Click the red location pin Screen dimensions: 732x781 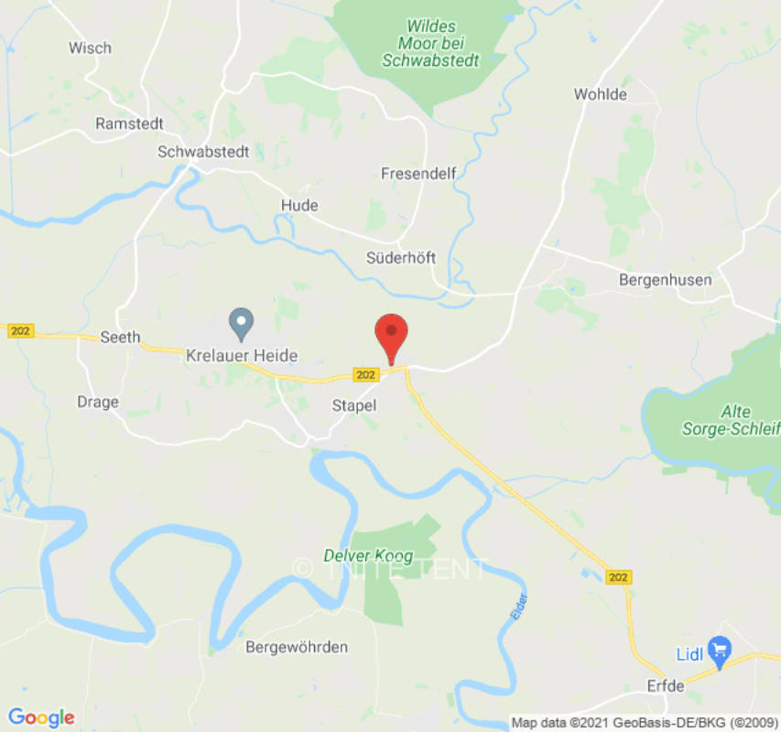(x=392, y=335)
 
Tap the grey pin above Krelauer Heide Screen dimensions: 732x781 (x=241, y=323)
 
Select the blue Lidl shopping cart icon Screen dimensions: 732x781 (x=720, y=651)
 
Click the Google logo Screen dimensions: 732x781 (x=41, y=717)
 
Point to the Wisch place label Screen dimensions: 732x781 (x=90, y=48)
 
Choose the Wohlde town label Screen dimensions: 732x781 (x=601, y=94)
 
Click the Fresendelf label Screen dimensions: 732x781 (x=418, y=173)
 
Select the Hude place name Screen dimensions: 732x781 (x=300, y=205)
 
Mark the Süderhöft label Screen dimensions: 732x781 (x=401, y=257)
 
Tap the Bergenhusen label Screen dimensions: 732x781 (x=665, y=279)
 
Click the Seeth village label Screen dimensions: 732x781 (x=120, y=337)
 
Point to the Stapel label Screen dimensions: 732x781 (x=353, y=404)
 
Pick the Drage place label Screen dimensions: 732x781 (x=98, y=402)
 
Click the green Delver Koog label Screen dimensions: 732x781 (x=368, y=555)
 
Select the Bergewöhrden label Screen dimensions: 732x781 (x=297, y=647)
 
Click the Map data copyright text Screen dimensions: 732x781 (x=644, y=723)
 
